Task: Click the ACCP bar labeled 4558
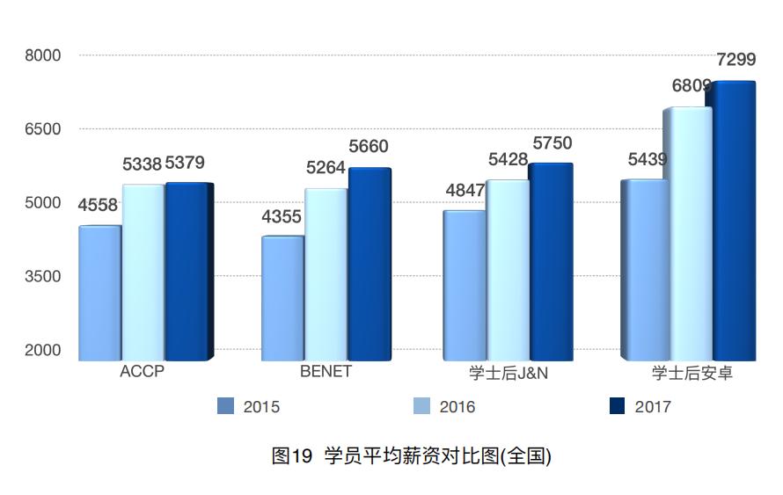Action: (x=99, y=293)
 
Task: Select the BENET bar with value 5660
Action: (x=369, y=264)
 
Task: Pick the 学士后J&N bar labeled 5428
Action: (x=507, y=270)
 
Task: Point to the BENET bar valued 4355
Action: (x=282, y=298)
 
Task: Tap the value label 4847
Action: (x=465, y=190)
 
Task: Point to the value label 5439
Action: (x=647, y=159)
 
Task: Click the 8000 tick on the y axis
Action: (x=42, y=55)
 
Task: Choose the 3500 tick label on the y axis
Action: (x=42, y=276)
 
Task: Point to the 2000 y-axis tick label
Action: (x=42, y=350)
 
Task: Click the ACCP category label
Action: (x=142, y=371)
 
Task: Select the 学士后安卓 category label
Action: (x=692, y=373)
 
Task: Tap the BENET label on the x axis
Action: (x=326, y=371)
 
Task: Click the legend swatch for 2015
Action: (x=225, y=406)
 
